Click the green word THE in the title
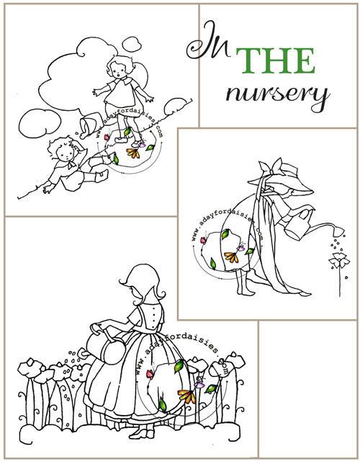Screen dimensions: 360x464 [x=275, y=61]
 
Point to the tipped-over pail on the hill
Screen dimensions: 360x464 [x=88, y=125]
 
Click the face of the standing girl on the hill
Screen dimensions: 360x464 [x=120, y=72]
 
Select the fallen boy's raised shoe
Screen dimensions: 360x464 [x=102, y=176]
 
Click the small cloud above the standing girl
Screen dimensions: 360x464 [x=132, y=44]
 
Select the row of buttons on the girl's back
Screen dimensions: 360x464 [x=153, y=317]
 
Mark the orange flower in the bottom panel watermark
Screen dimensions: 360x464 [x=187, y=396]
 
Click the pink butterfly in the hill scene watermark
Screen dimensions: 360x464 [x=107, y=137]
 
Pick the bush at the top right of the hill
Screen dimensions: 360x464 [x=175, y=106]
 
